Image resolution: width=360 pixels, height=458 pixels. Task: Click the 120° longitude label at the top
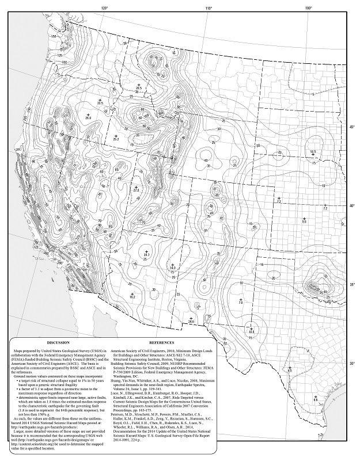coord(104,7)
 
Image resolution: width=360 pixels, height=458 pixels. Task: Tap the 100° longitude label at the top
coord(309,7)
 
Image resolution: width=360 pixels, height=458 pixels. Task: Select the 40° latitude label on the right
coord(353,205)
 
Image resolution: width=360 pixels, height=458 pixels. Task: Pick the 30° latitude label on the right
coord(353,364)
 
